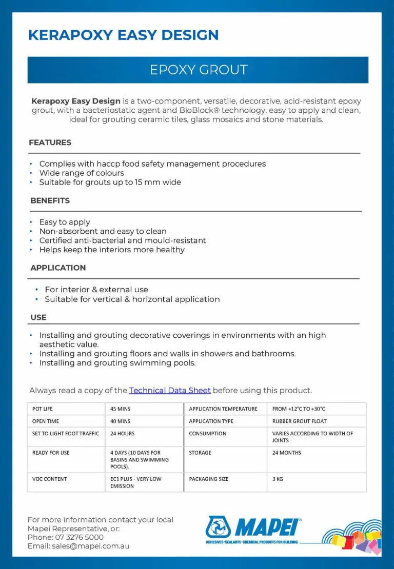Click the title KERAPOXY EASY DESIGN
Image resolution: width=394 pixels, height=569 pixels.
tap(123, 35)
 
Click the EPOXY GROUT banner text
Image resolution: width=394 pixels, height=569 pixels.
tap(198, 70)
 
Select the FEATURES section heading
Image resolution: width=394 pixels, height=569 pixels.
tap(50, 143)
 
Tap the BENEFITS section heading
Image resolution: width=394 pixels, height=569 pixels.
tap(50, 200)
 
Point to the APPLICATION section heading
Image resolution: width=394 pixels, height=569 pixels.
tap(58, 268)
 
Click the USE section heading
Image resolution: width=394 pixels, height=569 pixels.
tap(38, 317)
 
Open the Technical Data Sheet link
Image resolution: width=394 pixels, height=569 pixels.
tap(170, 391)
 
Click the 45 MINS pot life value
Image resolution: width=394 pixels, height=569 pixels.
tap(121, 409)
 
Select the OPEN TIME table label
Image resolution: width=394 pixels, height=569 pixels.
tap(46, 421)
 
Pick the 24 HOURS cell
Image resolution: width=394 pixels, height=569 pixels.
tap(123, 434)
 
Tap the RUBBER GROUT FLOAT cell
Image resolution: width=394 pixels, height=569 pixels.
tap(300, 421)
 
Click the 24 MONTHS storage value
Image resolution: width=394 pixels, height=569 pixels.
tap(287, 453)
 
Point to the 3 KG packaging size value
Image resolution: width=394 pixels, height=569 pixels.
tap(278, 479)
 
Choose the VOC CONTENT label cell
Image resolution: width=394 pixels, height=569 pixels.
tap(50, 479)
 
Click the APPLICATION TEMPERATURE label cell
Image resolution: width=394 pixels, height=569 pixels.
tap(223, 409)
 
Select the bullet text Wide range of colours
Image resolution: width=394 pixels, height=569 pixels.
tap(82, 173)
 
